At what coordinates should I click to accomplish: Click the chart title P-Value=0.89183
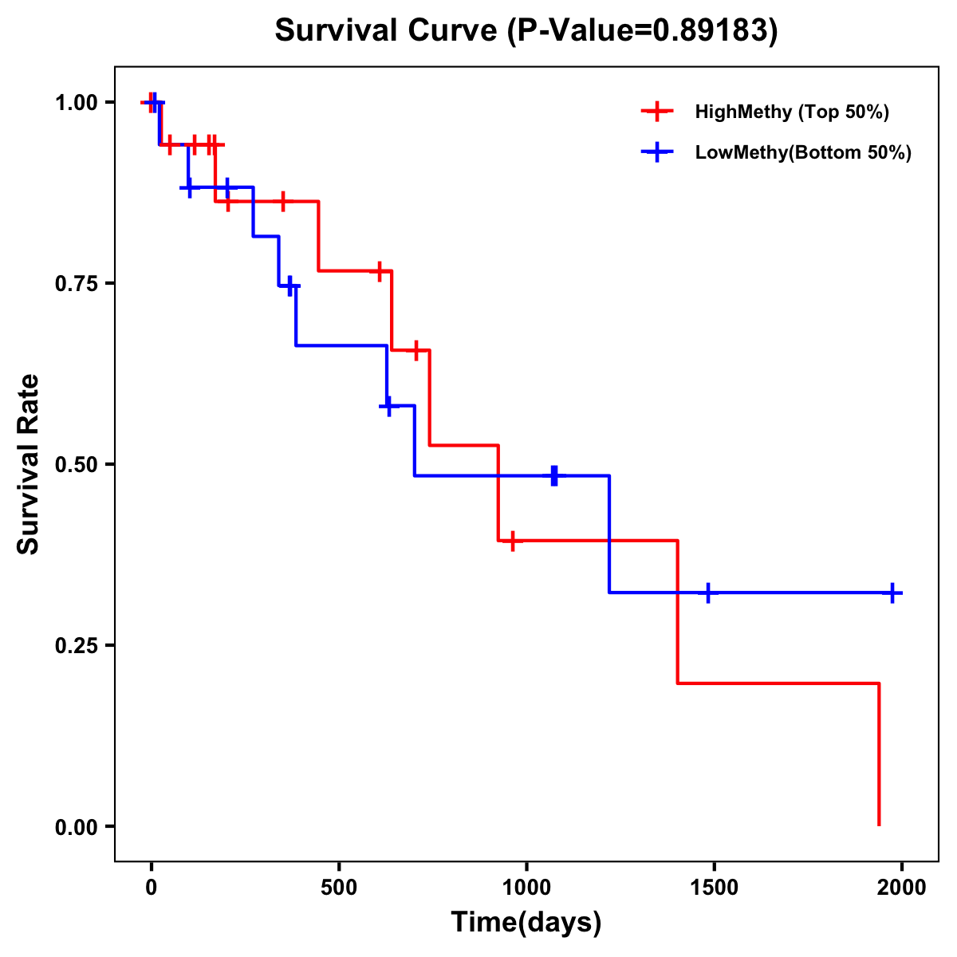pyautogui.click(x=526, y=30)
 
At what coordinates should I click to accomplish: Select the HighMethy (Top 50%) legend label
pyautogui.click(x=792, y=112)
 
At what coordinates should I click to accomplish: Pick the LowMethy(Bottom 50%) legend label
pyautogui.click(x=803, y=152)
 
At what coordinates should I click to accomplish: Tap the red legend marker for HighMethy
pyautogui.click(x=657, y=112)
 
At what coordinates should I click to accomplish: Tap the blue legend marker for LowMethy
pyautogui.click(x=657, y=152)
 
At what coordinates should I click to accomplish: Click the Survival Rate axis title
pyautogui.click(x=29, y=464)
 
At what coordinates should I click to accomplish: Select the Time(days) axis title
pyautogui.click(x=526, y=923)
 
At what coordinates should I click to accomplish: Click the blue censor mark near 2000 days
pyautogui.click(x=892, y=593)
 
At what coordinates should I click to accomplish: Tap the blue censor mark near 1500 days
pyautogui.click(x=707, y=593)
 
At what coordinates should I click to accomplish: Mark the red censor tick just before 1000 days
pyautogui.click(x=513, y=541)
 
